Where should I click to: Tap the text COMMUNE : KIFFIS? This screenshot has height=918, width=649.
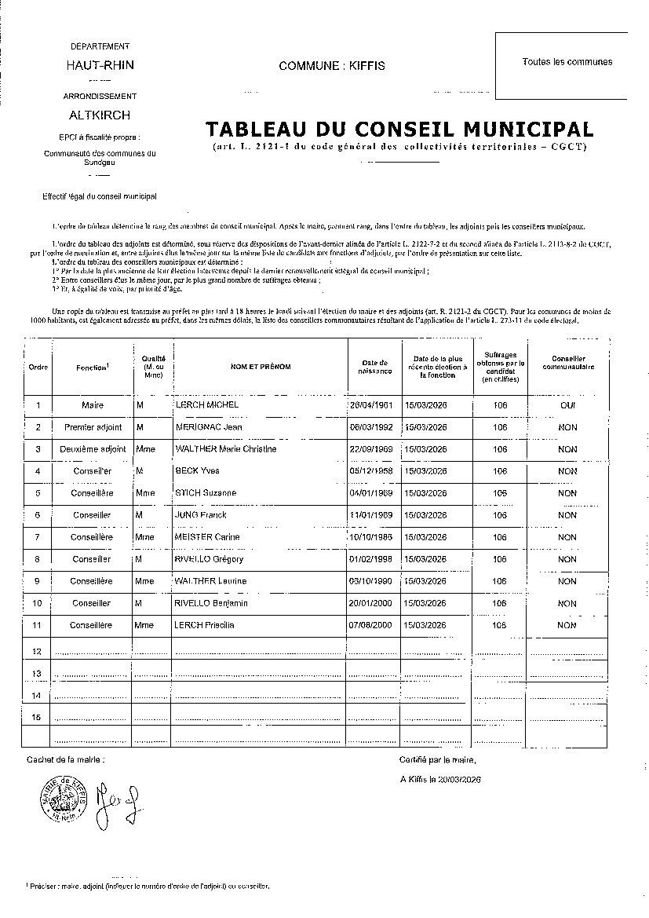332,66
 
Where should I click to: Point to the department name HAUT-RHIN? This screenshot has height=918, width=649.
100,65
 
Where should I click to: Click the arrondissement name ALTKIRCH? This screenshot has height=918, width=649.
100,114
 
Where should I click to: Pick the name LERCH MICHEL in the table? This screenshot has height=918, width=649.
206,405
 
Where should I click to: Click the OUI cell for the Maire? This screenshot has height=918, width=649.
567,405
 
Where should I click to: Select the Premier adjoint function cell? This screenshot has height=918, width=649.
93,427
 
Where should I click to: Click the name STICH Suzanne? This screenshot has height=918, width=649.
203,493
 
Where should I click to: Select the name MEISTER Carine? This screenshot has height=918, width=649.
207,537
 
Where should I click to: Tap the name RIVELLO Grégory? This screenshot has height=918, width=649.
209,559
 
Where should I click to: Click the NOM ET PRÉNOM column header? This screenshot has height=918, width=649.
260,367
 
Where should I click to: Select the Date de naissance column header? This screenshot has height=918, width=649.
374,367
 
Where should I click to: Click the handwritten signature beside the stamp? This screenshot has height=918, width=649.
115,803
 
